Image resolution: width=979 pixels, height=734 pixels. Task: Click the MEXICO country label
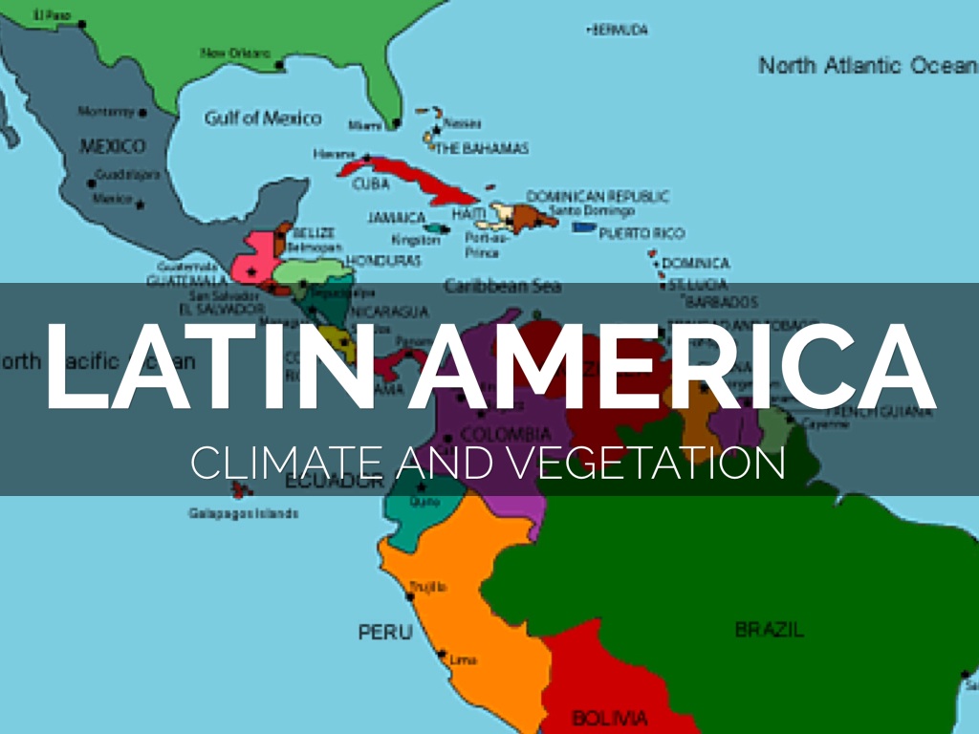(x=112, y=146)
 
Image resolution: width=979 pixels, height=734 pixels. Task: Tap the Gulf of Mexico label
(x=263, y=119)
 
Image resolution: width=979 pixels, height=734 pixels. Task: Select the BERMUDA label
(x=620, y=31)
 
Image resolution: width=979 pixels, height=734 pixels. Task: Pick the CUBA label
(x=371, y=183)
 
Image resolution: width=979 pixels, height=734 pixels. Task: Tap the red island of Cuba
(x=402, y=178)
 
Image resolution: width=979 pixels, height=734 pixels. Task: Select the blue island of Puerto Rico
(x=583, y=227)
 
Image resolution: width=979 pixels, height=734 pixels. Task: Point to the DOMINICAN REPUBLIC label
(x=598, y=196)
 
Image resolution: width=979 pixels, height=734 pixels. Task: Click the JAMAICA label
(x=396, y=218)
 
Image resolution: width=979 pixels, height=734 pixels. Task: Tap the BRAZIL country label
(x=769, y=630)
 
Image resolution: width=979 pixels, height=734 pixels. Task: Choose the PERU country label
(x=385, y=632)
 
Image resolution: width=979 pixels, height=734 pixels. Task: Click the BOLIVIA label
(x=609, y=717)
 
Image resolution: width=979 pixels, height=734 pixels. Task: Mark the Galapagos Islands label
(x=243, y=513)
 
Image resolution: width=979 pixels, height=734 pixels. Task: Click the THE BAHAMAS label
(x=482, y=148)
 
